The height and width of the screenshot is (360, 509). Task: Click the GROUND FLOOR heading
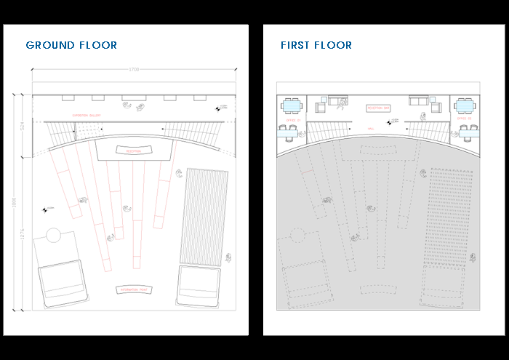(71, 45)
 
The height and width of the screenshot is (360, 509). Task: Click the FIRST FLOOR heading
(316, 45)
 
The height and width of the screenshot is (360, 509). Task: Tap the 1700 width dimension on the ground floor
(134, 70)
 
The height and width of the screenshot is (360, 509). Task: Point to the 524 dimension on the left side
(23, 126)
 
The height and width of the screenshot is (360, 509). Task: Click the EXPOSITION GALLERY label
(86, 116)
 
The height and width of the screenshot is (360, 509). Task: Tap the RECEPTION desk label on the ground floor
(134, 151)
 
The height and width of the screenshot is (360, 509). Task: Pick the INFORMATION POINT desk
(134, 289)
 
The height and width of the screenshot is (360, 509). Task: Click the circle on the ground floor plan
(53, 236)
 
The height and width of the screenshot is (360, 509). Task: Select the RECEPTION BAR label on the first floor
(379, 108)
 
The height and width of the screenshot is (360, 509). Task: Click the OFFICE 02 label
(464, 119)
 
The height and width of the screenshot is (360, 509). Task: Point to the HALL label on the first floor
(371, 128)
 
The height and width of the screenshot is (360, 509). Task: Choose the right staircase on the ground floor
(196, 132)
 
